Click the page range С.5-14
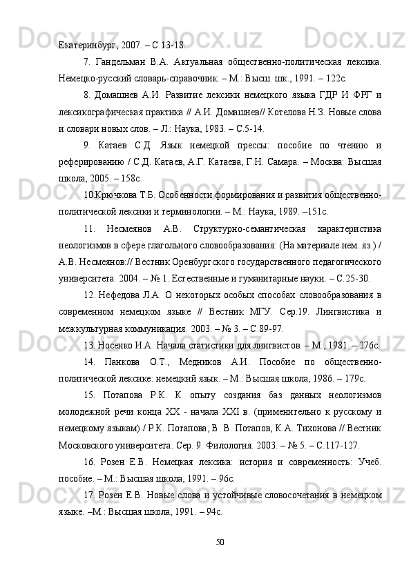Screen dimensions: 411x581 248,129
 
